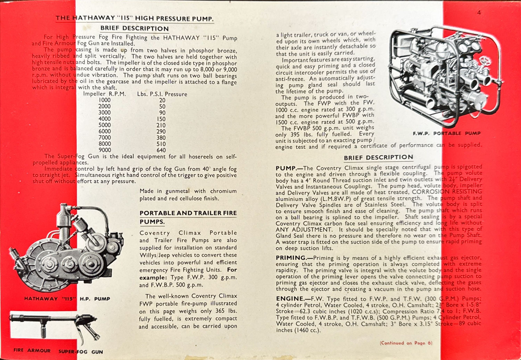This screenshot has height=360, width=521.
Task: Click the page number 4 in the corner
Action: click(479, 13)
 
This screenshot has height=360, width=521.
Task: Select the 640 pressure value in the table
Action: click(161, 150)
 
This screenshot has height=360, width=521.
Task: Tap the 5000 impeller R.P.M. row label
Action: click(105, 125)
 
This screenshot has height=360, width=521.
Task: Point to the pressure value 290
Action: click(161, 131)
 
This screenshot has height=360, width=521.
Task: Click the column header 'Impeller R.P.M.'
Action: click(104, 94)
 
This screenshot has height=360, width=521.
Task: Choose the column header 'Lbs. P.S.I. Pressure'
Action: click(162, 94)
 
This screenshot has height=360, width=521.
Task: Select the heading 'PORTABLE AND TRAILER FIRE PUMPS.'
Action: click(188, 217)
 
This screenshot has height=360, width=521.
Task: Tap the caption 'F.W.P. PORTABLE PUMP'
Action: click(447, 133)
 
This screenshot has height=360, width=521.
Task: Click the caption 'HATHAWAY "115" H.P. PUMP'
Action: click(67, 298)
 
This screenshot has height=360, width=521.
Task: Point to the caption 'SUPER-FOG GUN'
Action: click(81, 352)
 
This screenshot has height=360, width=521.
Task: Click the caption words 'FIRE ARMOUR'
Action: click(32, 350)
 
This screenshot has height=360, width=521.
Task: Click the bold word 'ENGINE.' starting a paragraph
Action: click(290, 298)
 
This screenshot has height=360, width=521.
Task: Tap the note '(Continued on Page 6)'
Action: click(406, 343)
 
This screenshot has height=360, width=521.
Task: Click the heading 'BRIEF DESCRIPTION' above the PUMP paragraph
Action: click(378, 158)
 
